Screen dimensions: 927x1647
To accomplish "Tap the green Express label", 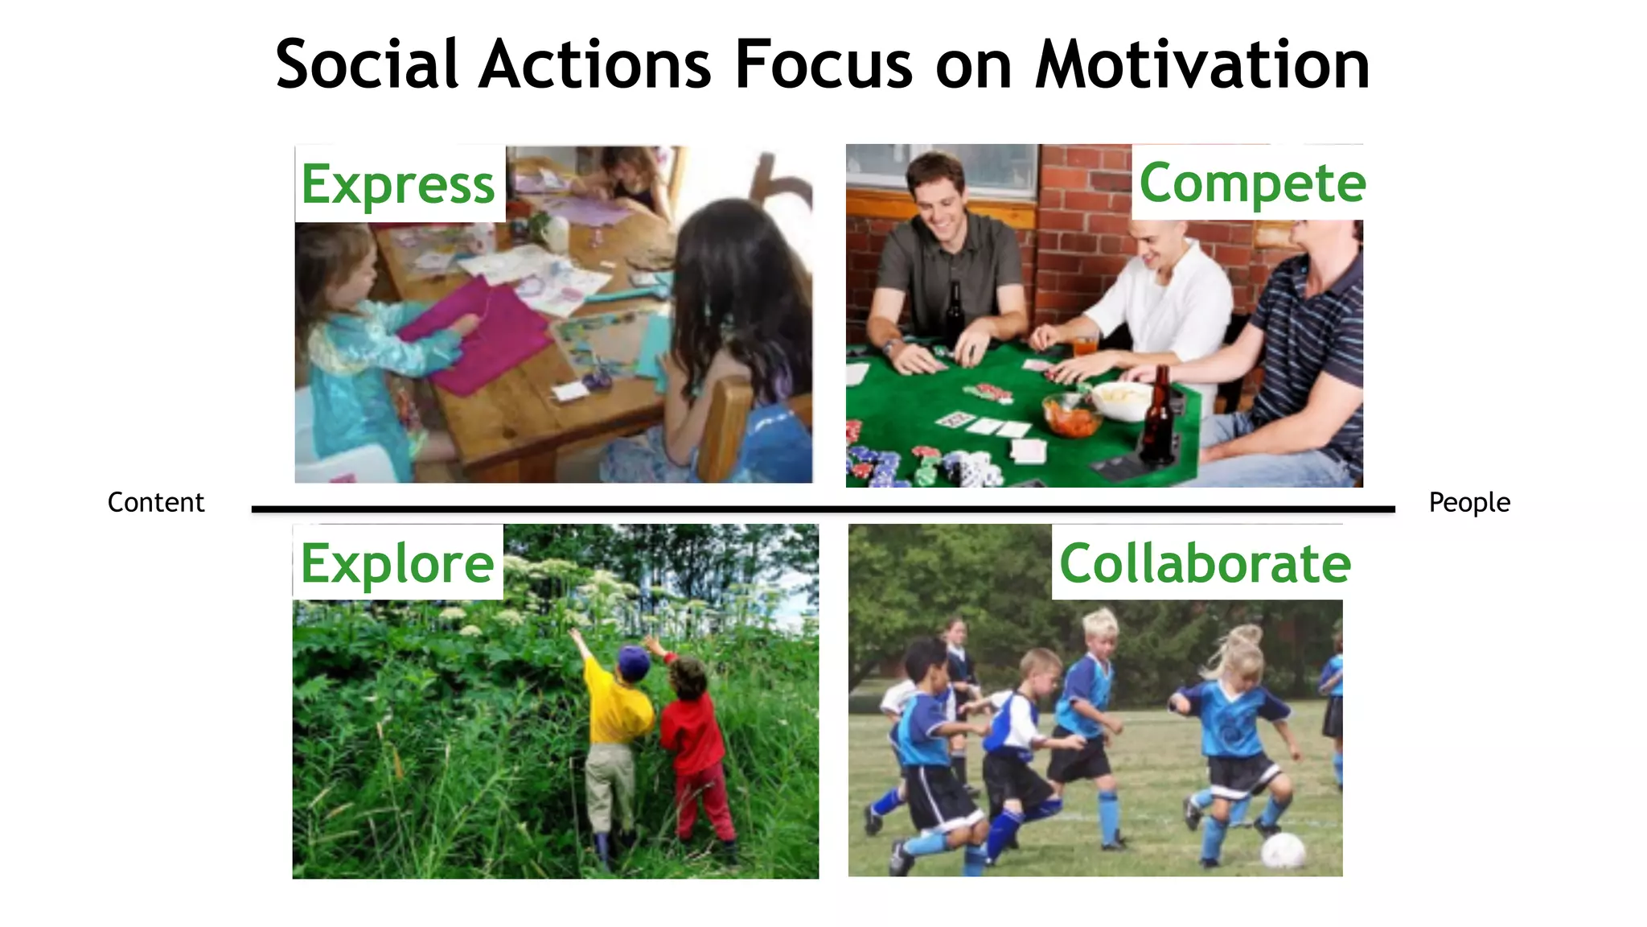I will pos(398,184).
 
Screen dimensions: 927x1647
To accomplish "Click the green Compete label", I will pos(1252,183).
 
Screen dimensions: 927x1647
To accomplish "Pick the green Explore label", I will pos(397,563).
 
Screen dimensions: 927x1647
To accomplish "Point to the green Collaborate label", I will pos(1205,563).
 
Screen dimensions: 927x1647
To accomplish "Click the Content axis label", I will pos(156,502).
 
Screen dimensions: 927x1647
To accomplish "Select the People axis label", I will pos(1469,502).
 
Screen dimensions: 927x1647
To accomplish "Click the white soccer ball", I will pos(1283,851).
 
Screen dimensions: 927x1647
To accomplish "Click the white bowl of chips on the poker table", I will pos(1123,398).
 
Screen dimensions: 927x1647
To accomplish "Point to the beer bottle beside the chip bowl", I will pos(1158,418).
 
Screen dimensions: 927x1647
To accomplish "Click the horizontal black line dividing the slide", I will pos(823,509).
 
